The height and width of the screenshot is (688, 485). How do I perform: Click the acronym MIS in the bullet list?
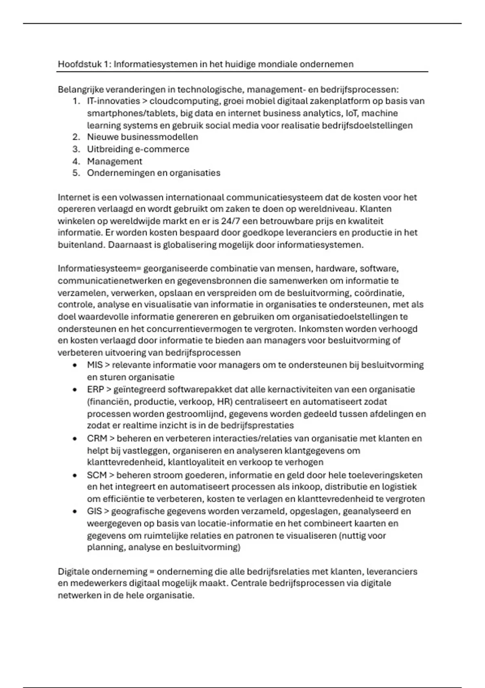(x=95, y=365)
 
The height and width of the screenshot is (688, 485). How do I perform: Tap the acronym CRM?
(x=97, y=438)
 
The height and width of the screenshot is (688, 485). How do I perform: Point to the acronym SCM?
(x=97, y=475)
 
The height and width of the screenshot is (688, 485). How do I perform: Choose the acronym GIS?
(x=94, y=511)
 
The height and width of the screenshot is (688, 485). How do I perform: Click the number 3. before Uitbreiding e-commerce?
(x=76, y=149)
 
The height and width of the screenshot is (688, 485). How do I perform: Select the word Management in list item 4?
(x=114, y=161)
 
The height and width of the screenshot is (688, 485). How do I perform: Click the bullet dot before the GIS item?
(x=75, y=512)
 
